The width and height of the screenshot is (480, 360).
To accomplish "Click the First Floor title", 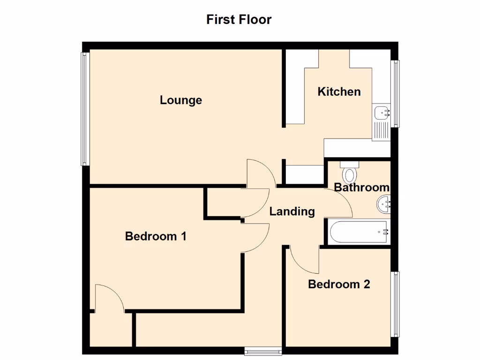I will point(239,20).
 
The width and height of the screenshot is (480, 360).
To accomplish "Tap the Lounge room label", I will point(181,100).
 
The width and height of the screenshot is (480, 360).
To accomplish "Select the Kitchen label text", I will point(339,91).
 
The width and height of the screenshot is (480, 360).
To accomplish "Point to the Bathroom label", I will point(361,187).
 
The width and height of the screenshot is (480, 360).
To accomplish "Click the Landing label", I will point(292,211).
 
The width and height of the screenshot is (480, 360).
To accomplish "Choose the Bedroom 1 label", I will point(156,236).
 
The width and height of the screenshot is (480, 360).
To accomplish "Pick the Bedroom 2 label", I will point(339,284).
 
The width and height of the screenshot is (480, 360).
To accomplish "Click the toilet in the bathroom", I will point(349,172).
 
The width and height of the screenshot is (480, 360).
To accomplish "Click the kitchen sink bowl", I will point(382,112).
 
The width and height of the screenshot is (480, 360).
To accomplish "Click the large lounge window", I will point(85,109).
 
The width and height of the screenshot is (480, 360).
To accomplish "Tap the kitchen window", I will point(397,93).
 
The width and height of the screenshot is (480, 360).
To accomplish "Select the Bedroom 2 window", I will point(397,304).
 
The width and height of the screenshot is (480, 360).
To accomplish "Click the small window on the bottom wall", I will point(263,350).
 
